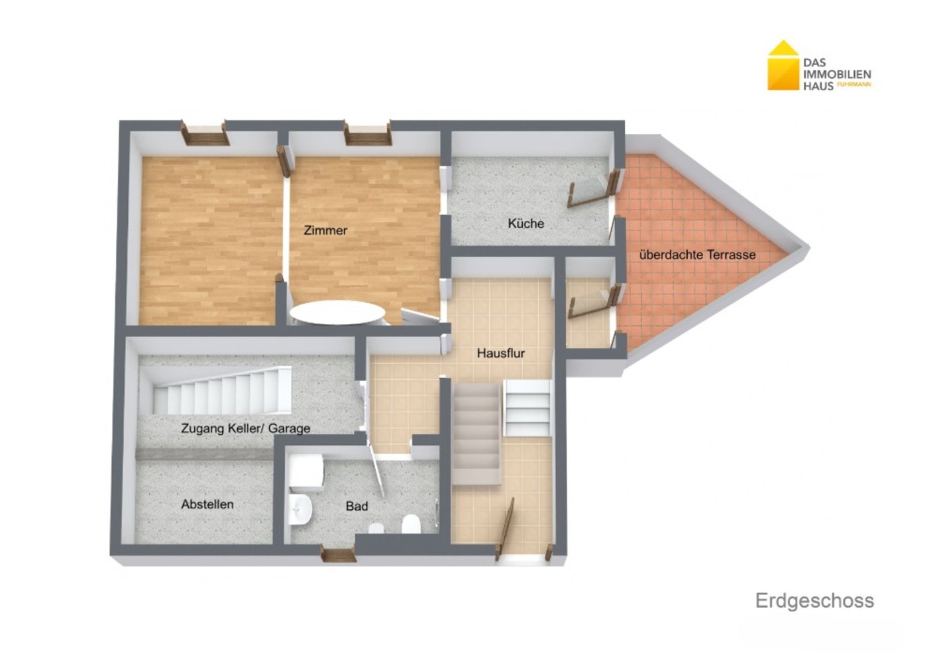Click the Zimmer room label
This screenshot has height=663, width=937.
click(325, 230)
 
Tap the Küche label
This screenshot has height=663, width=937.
click(525, 223)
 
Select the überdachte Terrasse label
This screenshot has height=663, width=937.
click(697, 255)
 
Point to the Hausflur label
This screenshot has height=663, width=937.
click(501, 353)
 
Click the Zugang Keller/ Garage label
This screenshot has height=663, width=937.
click(246, 428)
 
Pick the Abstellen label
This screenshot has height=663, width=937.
click(207, 504)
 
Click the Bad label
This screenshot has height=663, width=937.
click(357, 506)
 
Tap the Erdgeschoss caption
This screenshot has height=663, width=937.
click(814, 601)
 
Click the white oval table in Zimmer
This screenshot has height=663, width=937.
click(337, 312)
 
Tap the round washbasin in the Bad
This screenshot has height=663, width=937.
click(300, 509)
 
